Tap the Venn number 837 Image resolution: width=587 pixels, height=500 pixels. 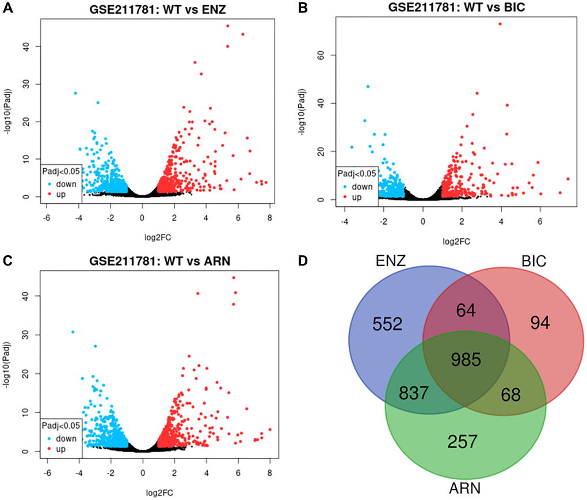tap(414, 393)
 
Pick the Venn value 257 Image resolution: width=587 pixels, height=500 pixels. tap(463, 442)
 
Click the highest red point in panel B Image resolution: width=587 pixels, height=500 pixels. tap(500, 24)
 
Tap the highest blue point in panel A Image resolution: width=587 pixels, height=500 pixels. tap(75, 93)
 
